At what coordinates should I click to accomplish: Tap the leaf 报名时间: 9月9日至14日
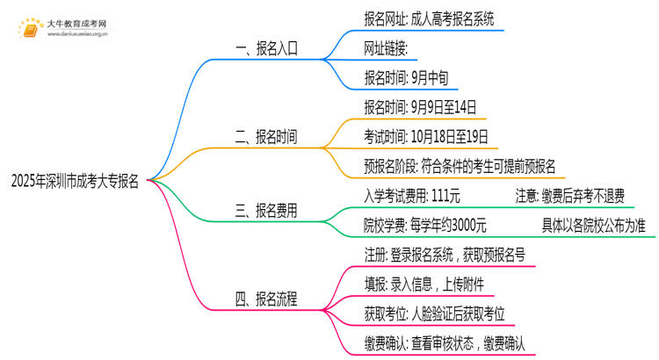(x=420, y=107)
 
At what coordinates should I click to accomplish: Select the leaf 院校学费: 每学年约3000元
(x=424, y=225)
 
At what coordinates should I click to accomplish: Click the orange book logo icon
(x=26, y=29)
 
